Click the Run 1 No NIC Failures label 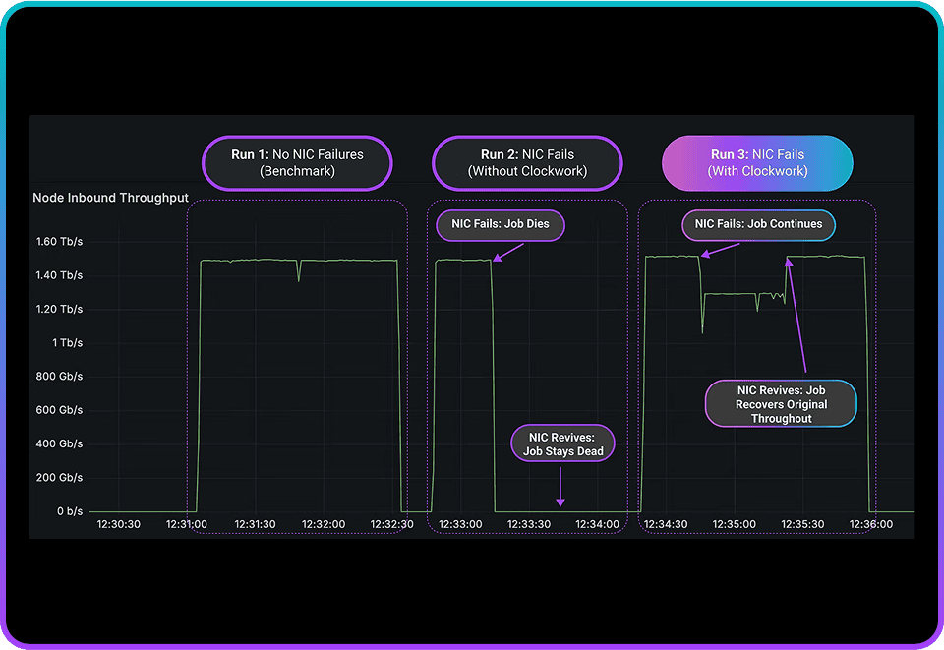tap(297, 163)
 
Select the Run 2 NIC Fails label tap(527, 163)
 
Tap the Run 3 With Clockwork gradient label tap(757, 163)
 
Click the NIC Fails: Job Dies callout tap(501, 225)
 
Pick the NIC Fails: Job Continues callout tap(758, 225)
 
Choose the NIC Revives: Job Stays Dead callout tap(562, 444)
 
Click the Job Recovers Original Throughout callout tap(781, 404)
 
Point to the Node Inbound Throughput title tap(110, 198)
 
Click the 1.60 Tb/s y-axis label tap(59, 241)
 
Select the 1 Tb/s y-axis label tap(67, 342)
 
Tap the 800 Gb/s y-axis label tap(59, 377)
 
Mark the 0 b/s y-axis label tap(70, 511)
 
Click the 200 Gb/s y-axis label tap(59, 477)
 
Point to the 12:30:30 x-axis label tap(119, 524)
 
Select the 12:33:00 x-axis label tap(460, 524)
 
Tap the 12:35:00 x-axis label tap(734, 524)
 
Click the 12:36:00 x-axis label tap(871, 524)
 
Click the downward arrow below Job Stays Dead tap(560, 487)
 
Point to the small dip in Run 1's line tap(299, 270)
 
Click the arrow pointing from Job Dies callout tap(508, 252)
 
